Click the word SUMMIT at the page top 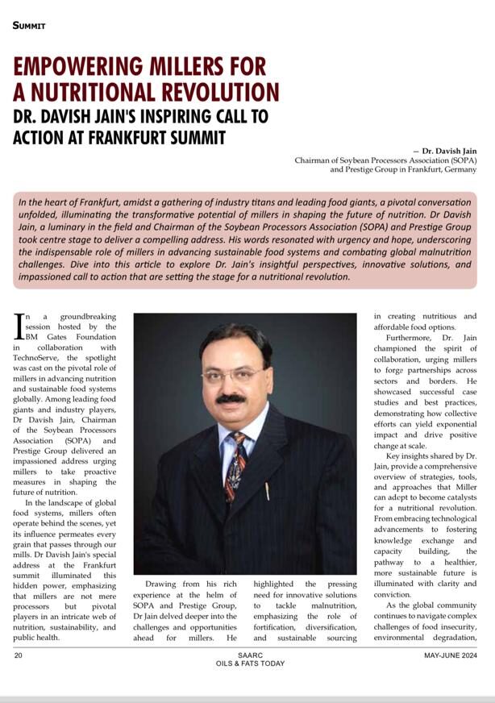(29, 26)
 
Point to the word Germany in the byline (456, 170)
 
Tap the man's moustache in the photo (231, 397)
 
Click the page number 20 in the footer (18, 655)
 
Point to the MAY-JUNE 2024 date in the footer (451, 655)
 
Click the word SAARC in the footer (247, 655)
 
